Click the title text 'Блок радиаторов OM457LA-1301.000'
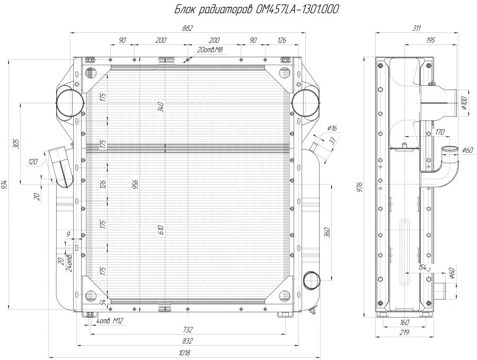click(x=257, y=9)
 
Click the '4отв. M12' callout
click(x=110, y=321)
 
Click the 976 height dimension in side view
click(x=359, y=187)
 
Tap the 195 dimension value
click(x=430, y=40)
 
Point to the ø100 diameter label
click(x=464, y=103)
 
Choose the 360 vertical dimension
click(x=327, y=232)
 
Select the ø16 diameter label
click(x=333, y=128)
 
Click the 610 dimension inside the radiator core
click(x=161, y=229)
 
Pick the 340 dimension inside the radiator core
click(x=161, y=107)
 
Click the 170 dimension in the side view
click(x=439, y=132)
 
